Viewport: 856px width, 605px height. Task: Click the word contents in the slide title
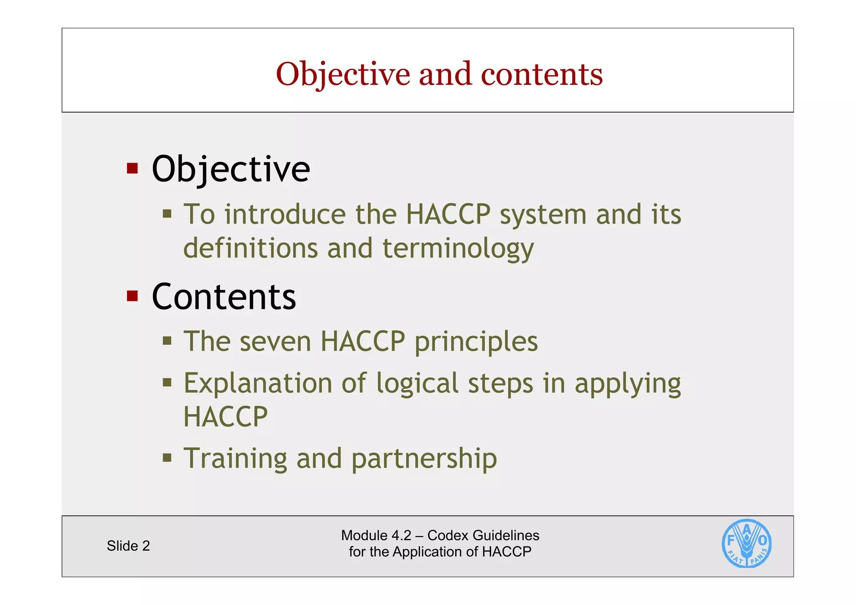542,74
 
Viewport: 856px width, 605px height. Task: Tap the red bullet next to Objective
132,168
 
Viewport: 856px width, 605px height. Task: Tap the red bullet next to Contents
132,296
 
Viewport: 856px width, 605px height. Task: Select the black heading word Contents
224,297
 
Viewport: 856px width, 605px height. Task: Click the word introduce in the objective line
285,214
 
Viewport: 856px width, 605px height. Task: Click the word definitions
250,248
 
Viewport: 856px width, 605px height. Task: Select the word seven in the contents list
275,342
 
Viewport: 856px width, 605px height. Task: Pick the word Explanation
258,383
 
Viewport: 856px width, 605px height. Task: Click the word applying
627,384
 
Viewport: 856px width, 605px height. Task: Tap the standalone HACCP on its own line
225,416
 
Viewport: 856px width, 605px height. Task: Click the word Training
235,459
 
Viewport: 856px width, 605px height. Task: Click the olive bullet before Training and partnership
167,457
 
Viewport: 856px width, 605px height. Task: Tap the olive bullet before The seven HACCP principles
167,340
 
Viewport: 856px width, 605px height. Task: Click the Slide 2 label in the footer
128,546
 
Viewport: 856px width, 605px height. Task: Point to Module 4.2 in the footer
376,536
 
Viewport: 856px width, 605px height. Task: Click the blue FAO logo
746,544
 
